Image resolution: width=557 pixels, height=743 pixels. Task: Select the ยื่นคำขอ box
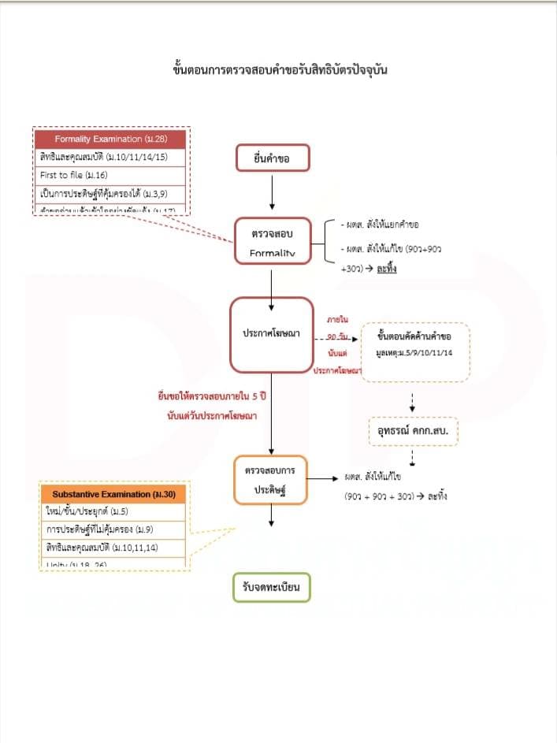coord(273,159)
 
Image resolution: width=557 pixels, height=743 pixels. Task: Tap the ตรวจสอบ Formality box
coord(272,242)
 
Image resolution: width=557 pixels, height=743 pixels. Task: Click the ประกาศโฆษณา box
coord(272,333)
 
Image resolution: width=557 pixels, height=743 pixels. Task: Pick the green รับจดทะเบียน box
coord(272,588)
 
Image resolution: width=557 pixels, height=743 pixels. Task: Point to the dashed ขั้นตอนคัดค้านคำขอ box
coord(414,351)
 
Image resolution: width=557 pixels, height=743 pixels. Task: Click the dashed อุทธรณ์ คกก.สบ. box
coord(414,433)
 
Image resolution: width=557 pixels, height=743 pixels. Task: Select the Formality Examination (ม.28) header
coord(110,139)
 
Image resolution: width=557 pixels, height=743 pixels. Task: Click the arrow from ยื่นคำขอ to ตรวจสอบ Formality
coord(271,191)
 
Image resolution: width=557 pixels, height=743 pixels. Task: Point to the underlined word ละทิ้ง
coord(386,269)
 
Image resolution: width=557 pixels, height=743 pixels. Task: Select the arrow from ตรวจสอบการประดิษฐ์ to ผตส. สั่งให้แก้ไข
coord(322,477)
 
